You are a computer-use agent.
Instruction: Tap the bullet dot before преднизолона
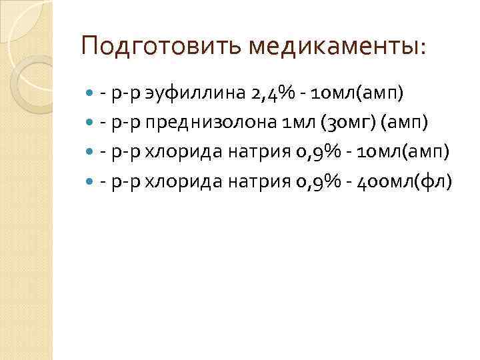tap(91, 123)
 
